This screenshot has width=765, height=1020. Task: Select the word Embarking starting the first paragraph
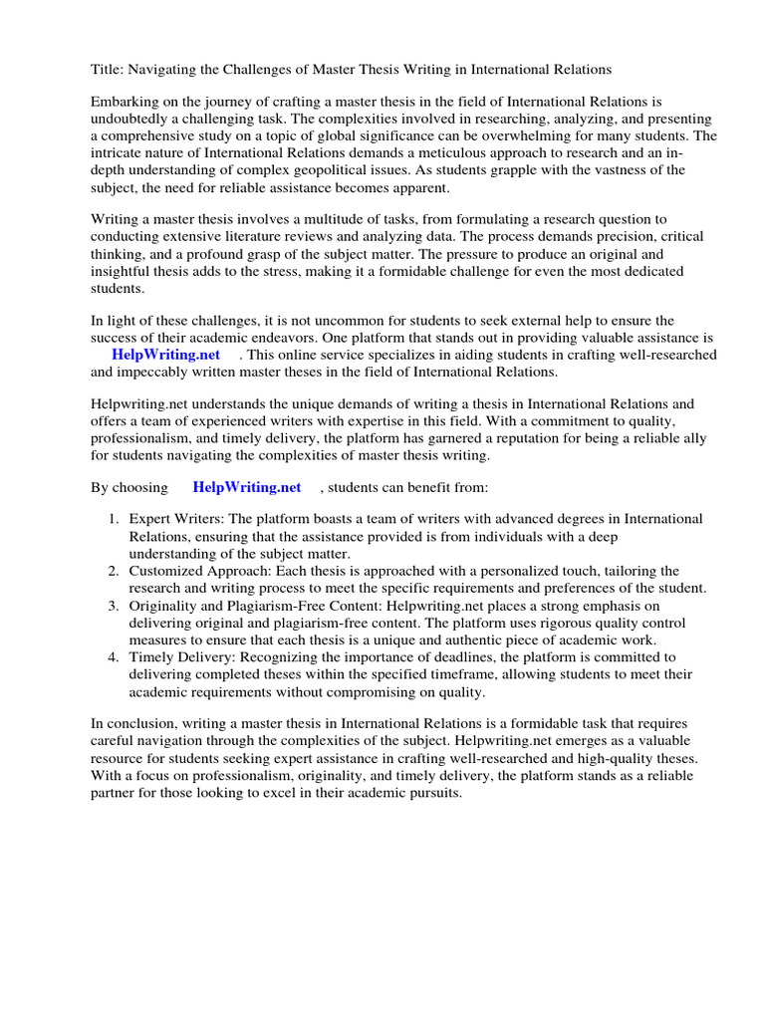[x=125, y=103]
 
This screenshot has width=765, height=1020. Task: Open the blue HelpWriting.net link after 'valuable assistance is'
[x=166, y=355]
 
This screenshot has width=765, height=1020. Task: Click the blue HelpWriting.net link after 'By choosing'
[x=247, y=487]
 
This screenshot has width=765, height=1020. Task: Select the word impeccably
[x=154, y=372]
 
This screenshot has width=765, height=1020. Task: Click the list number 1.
[x=114, y=519]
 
